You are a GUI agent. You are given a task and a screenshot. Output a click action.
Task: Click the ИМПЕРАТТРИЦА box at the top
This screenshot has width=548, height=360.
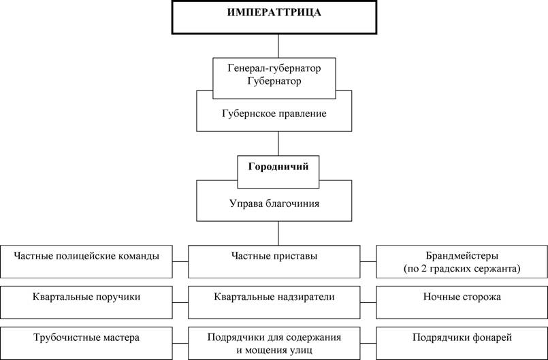(x=274, y=17)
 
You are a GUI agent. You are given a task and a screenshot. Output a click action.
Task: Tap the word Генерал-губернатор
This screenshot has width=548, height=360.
(x=274, y=68)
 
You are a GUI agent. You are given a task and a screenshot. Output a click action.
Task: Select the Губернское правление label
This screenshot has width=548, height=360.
(x=274, y=114)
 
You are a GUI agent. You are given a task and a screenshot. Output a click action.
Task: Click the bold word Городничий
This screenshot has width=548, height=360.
(x=278, y=166)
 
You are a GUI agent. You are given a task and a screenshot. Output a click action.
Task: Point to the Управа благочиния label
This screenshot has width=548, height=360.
(x=274, y=203)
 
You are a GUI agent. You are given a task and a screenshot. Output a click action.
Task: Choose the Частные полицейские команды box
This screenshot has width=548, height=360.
(x=86, y=262)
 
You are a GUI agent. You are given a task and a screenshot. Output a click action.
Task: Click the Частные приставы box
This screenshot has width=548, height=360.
(x=274, y=262)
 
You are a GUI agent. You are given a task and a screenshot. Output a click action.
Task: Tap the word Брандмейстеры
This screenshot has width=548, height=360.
(x=462, y=255)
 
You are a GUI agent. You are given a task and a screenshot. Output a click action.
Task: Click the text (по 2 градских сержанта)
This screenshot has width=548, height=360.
(x=462, y=269)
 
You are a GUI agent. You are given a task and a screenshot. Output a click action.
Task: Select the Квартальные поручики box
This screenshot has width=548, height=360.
(x=86, y=302)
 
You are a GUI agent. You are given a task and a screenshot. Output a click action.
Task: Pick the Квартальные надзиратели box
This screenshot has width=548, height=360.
(x=274, y=302)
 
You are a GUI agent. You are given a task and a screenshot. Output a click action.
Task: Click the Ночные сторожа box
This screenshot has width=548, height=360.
(x=462, y=302)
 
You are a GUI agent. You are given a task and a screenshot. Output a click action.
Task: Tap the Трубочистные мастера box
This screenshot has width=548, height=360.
(x=86, y=343)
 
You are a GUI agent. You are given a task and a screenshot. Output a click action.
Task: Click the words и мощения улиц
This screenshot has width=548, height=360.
(x=274, y=350)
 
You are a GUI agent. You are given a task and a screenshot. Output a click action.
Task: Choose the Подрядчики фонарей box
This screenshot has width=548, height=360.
(x=462, y=343)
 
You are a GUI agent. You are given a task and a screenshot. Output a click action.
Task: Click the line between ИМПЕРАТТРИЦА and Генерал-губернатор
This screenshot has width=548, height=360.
(x=278, y=46)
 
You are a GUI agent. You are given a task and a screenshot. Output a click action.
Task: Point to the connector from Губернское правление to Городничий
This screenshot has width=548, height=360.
(x=278, y=144)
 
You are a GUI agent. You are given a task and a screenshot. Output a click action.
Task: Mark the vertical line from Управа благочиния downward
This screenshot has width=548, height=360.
(x=278, y=233)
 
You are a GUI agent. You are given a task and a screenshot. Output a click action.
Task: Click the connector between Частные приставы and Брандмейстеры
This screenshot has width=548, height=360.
(x=368, y=261)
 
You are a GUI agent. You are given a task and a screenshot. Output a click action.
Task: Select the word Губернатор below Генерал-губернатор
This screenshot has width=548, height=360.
(x=274, y=81)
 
